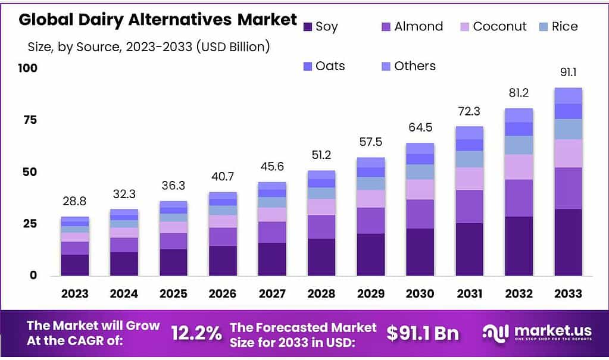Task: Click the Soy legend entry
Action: click(320, 26)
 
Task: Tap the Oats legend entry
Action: click(323, 66)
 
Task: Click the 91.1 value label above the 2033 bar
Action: click(568, 73)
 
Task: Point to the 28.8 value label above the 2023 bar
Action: click(74, 202)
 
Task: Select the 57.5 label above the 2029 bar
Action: click(370, 143)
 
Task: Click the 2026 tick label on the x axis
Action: click(223, 293)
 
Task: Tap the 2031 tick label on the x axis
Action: click(469, 293)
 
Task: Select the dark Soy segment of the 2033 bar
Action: click(568, 242)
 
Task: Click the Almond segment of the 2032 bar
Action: click(519, 198)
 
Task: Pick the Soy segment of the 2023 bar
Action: click(74, 265)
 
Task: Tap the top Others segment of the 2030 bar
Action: click(420, 148)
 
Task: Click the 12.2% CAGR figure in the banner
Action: click(196, 333)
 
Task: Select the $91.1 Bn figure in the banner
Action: click(422, 333)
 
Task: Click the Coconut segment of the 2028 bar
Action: click(321, 206)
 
